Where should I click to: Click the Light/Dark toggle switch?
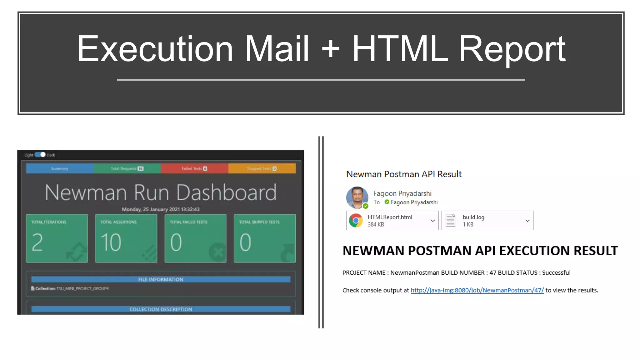tap(40, 155)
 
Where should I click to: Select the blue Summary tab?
tap(60, 168)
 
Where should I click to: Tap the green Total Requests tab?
tap(127, 168)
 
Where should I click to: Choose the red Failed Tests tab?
tap(194, 168)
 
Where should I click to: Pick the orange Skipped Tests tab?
tap(262, 168)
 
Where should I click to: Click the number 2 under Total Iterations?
tap(37, 242)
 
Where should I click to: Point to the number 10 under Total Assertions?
tap(111, 242)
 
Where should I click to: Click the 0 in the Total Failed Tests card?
tap(176, 242)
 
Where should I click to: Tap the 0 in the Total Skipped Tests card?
tap(245, 242)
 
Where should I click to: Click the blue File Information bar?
tap(161, 279)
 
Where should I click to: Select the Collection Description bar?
tap(161, 309)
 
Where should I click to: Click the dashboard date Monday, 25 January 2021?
tap(161, 209)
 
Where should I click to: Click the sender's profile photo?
tap(357, 197)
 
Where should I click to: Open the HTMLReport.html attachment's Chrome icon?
tap(356, 221)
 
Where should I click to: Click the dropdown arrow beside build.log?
tap(527, 221)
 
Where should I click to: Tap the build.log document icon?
tap(450, 221)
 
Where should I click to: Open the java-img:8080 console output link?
tap(477, 290)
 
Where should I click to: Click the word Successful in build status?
tap(556, 272)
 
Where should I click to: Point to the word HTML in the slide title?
tap(400, 49)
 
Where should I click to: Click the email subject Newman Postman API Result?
tap(404, 174)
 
